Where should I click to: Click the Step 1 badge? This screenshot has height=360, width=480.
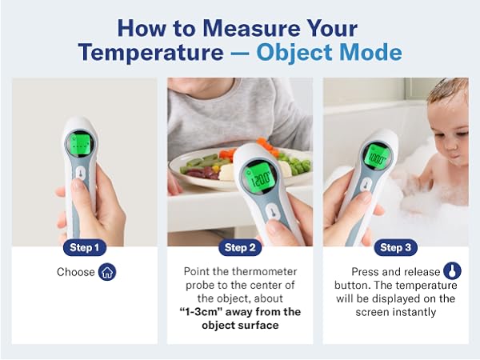click(x=84, y=247)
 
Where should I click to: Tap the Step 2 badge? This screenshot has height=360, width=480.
click(x=240, y=247)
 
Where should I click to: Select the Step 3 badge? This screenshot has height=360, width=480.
click(x=395, y=247)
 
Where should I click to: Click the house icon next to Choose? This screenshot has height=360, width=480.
click(x=107, y=272)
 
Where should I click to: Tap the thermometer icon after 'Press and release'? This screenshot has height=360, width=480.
click(x=453, y=271)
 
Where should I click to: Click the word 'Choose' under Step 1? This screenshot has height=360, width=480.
click(x=76, y=273)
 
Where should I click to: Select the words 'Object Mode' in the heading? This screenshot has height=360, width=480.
click(x=330, y=53)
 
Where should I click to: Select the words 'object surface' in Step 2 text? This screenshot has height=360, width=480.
click(x=240, y=326)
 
